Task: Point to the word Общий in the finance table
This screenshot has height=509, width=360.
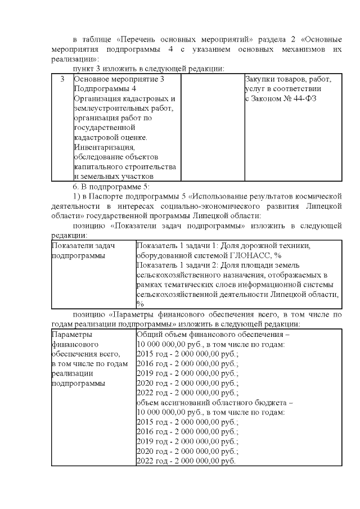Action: (150, 333)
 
